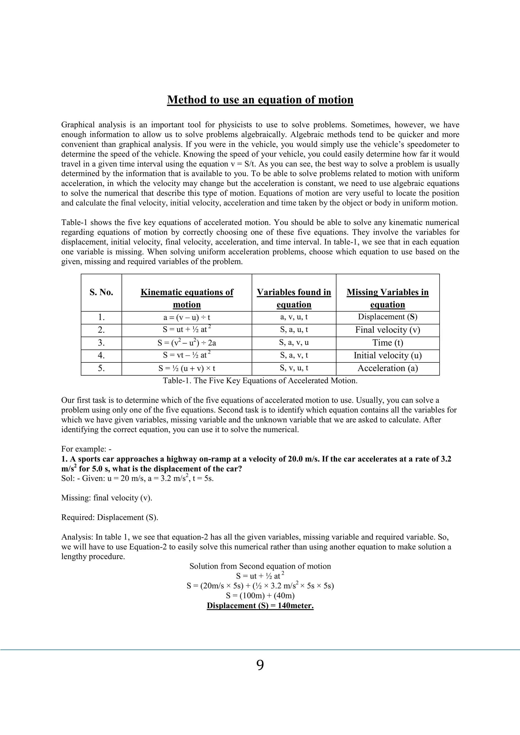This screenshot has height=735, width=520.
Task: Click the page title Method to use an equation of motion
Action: coord(260,100)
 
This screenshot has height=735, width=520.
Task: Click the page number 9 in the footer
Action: coord(260,665)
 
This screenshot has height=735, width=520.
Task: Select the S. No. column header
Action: coord(101,292)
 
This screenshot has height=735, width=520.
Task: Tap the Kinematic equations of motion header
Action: coord(187,298)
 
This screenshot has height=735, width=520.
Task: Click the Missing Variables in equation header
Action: coord(387,298)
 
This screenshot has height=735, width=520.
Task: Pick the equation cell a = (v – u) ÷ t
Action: coord(187,318)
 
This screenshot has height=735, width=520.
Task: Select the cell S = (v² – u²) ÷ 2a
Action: coord(187,343)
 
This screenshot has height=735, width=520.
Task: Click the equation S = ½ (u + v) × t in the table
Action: coord(187,369)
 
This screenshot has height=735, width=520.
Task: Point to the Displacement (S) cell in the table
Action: coord(387,317)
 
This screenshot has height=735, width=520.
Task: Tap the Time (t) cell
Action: coord(387,343)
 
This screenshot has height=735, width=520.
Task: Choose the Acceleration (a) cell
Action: coord(387,369)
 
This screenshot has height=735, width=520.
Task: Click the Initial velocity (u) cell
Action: coord(387,356)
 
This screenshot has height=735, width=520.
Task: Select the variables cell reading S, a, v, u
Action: coord(294,343)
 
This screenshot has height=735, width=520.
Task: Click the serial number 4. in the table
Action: coord(101,356)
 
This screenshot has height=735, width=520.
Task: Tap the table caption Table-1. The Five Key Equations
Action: coord(260,381)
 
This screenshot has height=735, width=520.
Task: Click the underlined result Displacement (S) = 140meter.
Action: coord(260,606)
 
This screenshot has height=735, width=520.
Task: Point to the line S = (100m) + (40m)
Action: coord(260,596)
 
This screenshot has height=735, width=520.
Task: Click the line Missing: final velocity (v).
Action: coord(107,498)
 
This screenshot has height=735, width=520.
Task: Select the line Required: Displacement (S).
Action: coord(110,517)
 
